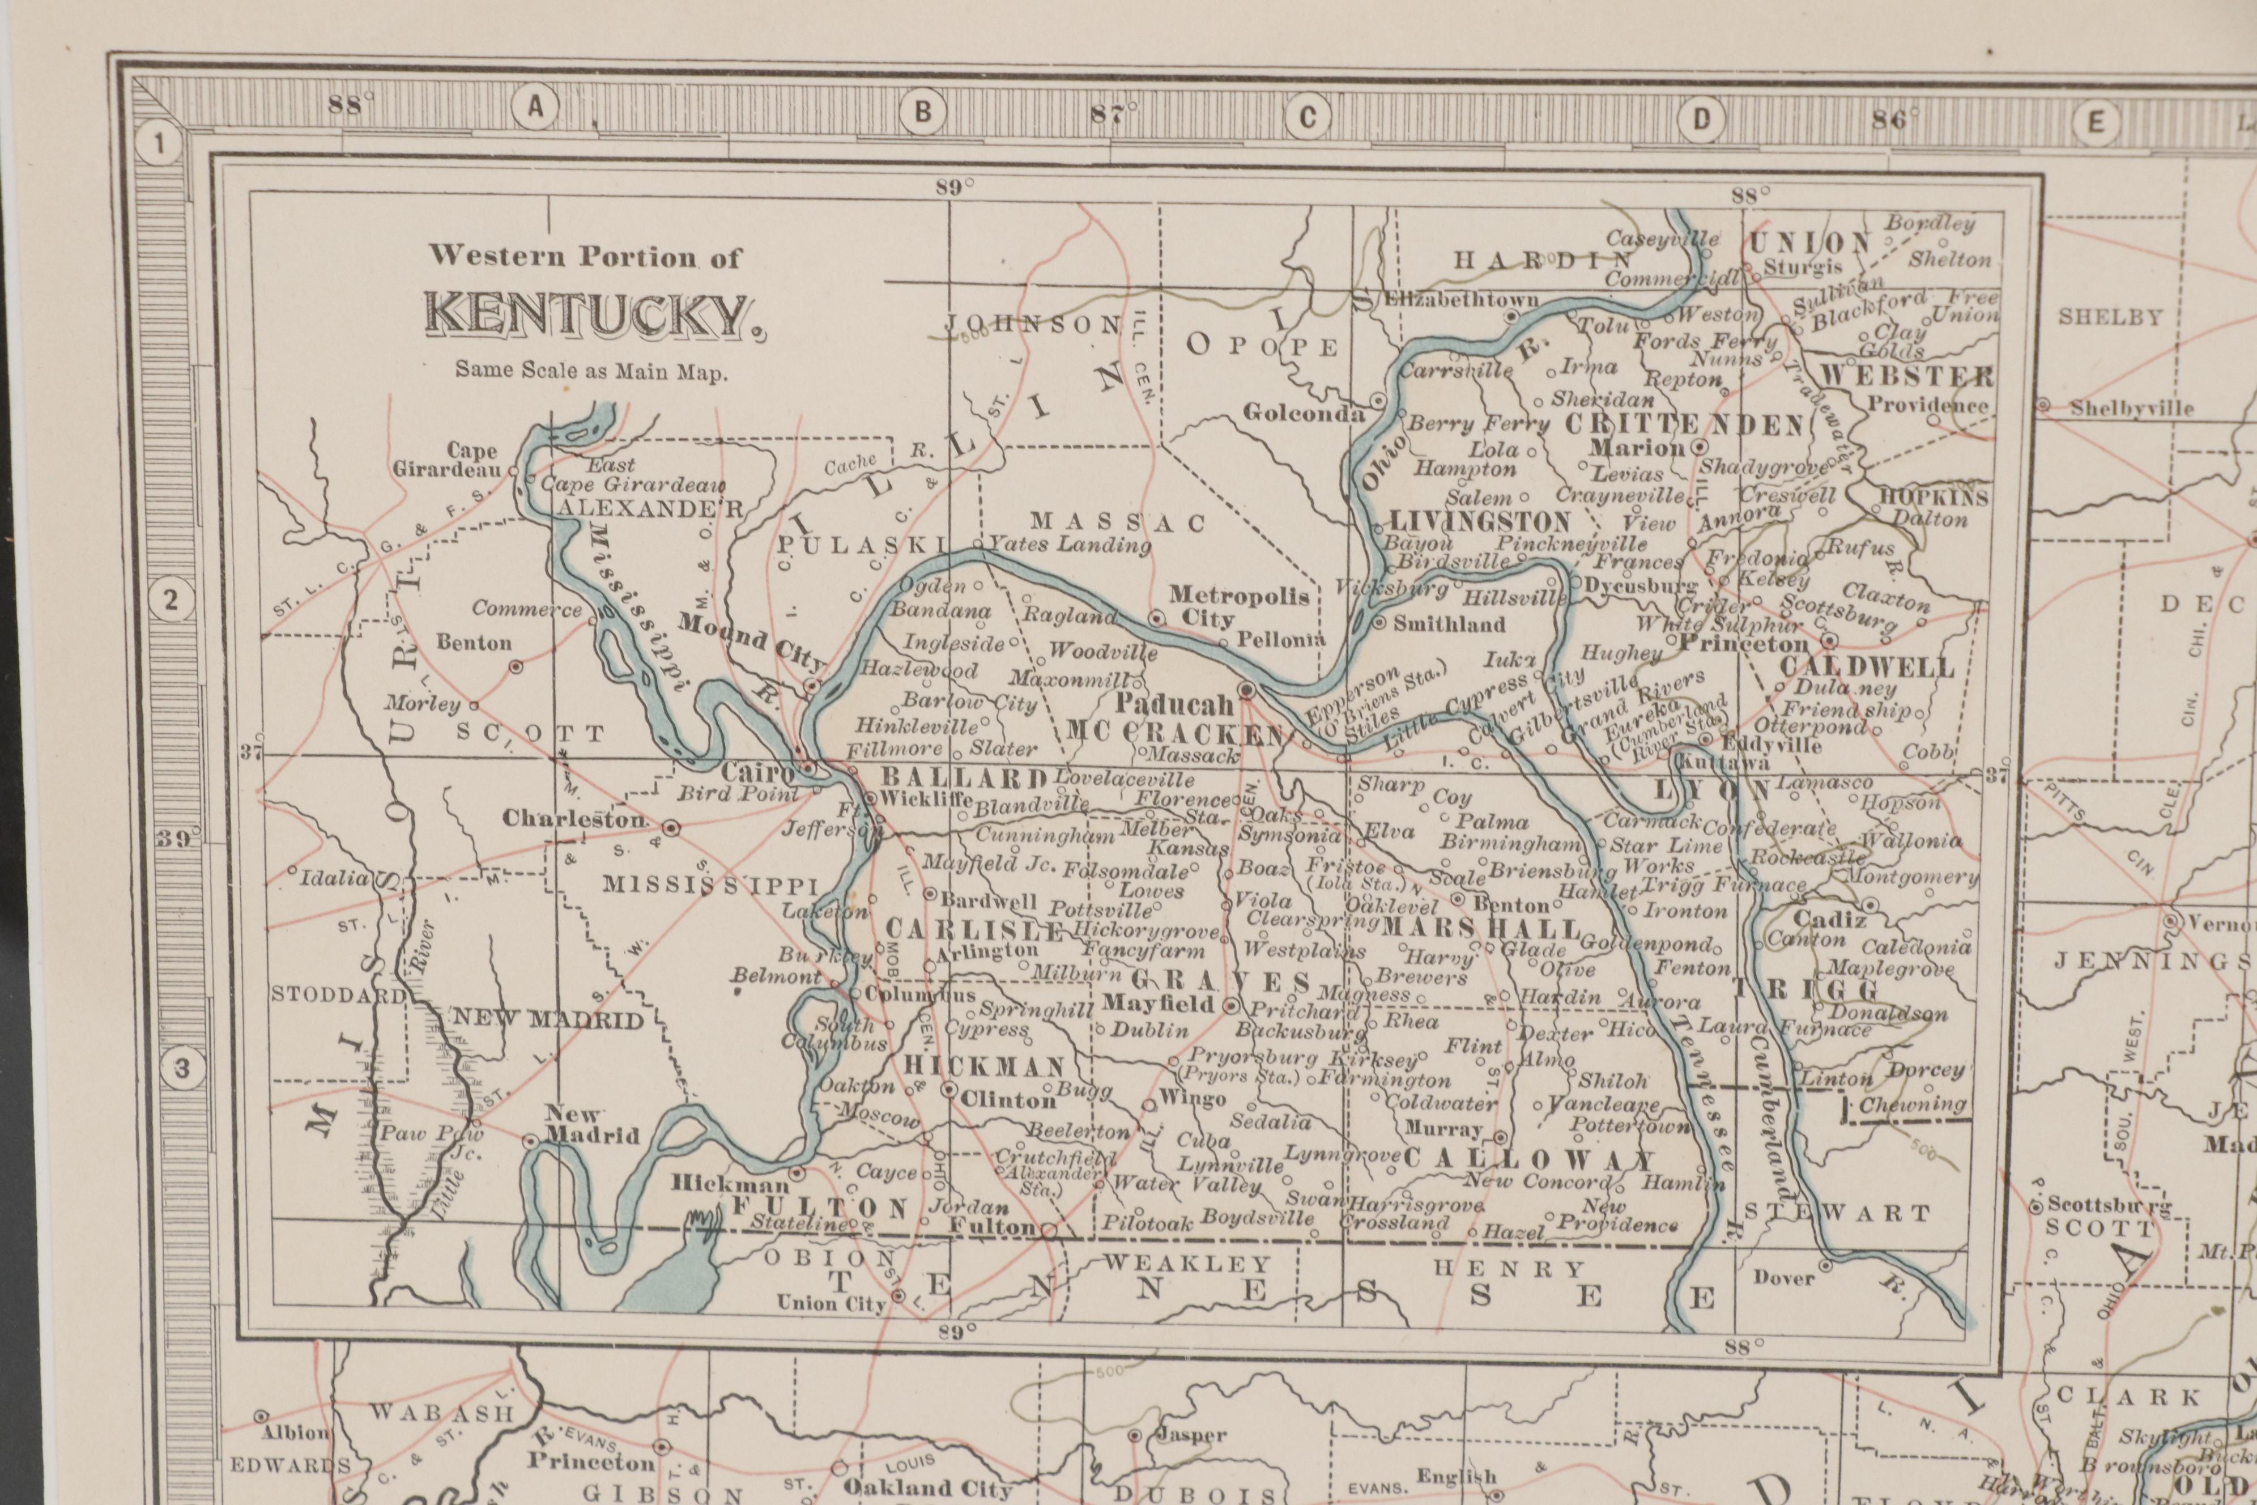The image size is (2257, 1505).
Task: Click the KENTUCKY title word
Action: pos(587,316)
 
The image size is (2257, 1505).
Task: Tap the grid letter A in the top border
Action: pos(535,108)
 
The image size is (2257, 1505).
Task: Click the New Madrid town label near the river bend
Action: pos(590,1125)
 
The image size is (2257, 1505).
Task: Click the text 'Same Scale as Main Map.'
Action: pos(591,371)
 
